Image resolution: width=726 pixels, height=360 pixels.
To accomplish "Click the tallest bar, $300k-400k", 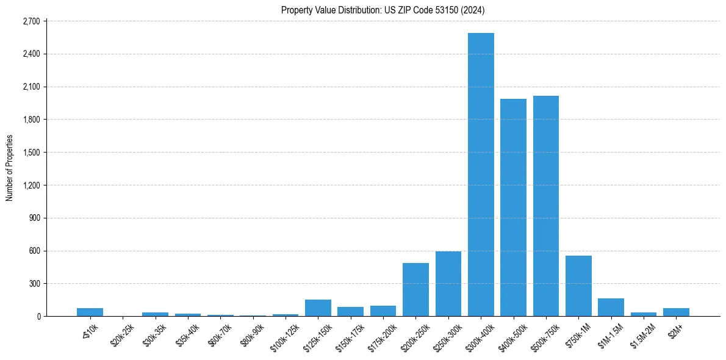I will [481, 175].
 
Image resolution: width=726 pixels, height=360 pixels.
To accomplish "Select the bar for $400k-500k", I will [513, 207].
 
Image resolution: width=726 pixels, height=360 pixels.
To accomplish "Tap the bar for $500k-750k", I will [546, 206].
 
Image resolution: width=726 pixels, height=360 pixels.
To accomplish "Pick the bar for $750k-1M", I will [578, 286].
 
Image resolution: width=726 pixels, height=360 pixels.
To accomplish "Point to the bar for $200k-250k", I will [415, 289].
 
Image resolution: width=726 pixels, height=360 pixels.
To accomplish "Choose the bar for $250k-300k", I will [448, 284].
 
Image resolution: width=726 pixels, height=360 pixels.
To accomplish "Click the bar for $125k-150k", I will [318, 308].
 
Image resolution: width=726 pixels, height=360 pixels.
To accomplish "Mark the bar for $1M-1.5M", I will [611, 307].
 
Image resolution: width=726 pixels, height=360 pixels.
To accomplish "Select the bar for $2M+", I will [676, 312].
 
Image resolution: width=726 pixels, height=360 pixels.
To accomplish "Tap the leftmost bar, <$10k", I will [90, 312].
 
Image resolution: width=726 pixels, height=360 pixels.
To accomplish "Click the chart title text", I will [383, 10].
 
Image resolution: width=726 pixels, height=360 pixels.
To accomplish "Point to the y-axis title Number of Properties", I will [10, 168].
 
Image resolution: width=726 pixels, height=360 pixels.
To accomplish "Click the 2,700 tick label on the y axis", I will [31, 21].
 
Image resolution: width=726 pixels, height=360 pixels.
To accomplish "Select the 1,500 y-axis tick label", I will [31, 153].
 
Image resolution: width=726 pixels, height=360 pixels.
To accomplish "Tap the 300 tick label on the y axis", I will [34, 284].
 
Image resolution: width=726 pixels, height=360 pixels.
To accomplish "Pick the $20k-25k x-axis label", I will [122, 333].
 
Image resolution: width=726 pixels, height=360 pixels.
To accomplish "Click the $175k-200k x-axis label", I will [382, 334].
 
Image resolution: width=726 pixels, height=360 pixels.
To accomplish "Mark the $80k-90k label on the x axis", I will [252, 333].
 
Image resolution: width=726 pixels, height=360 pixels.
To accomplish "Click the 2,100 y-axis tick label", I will [31, 87].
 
